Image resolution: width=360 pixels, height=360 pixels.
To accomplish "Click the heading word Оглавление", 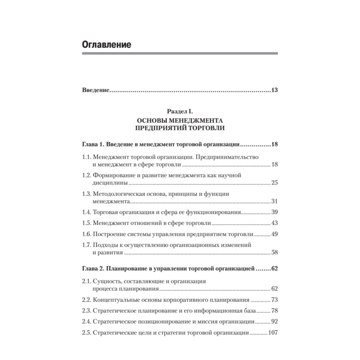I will [x=106, y=45].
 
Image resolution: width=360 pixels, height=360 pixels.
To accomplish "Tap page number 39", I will [x=274, y=212].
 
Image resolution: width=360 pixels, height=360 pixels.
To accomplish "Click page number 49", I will [x=274, y=234].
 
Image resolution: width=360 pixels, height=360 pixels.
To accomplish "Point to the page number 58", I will [x=274, y=252].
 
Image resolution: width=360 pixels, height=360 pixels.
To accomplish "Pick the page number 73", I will [x=274, y=300].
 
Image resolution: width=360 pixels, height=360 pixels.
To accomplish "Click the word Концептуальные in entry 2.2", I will [x=114, y=300].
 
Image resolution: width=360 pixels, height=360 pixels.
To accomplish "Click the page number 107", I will [x=273, y=333].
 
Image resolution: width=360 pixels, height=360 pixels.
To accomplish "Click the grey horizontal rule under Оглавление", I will [x=180, y=54].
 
